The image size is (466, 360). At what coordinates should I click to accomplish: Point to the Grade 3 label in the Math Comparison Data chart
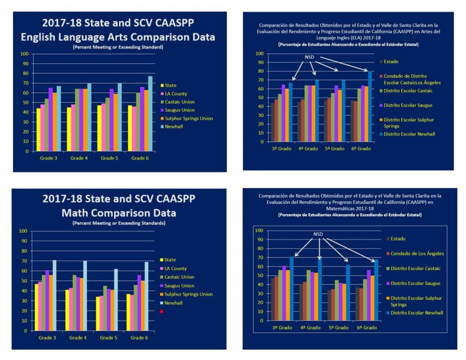(x=47, y=338)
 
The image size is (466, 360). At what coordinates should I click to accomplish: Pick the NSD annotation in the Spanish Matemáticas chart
(x=318, y=234)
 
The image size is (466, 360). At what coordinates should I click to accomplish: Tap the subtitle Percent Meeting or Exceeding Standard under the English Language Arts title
(x=118, y=47)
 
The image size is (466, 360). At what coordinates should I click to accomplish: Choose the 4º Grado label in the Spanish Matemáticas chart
(x=309, y=328)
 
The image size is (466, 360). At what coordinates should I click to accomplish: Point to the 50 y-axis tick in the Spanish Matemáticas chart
(x=259, y=275)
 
